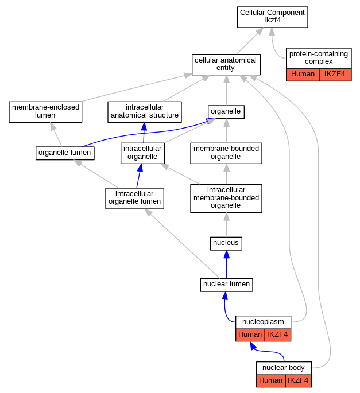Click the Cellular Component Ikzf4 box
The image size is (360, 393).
(273, 17)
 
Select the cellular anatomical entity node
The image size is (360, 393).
(226, 64)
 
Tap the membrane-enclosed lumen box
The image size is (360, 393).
(45, 112)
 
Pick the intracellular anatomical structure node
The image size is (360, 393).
(145, 112)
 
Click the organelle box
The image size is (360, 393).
(226, 112)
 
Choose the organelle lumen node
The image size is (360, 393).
(65, 153)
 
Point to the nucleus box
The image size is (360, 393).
(226, 243)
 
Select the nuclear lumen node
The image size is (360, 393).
(227, 285)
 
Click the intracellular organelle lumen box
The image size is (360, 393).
(135, 199)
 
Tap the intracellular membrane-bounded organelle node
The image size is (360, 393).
(226, 199)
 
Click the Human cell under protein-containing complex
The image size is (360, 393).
(303, 75)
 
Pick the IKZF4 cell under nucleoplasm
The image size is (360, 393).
(278, 335)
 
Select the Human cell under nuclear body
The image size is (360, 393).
(271, 381)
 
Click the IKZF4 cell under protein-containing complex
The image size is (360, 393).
(335, 75)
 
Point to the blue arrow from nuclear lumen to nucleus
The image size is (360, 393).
(227, 264)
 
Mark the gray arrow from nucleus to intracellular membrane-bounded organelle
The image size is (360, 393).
(227, 225)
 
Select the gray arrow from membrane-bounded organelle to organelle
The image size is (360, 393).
(227, 131)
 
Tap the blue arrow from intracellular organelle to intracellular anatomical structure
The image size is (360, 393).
(144, 133)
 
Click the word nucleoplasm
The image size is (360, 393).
(263, 322)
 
